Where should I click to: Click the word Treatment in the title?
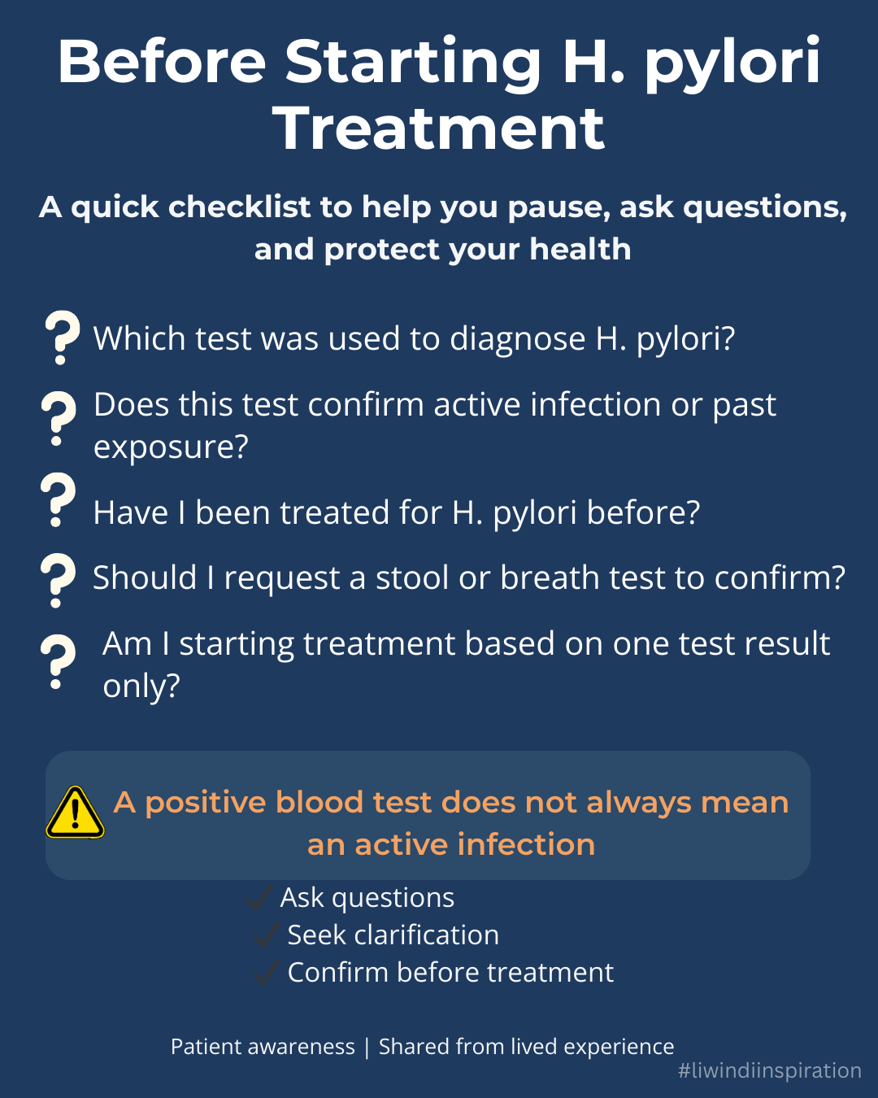[439, 129]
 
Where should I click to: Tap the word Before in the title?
[162, 62]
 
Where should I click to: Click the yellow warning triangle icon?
[75, 813]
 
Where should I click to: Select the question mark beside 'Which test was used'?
[62, 337]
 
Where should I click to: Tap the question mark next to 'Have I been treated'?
[58, 500]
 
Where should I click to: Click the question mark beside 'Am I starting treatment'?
[58, 662]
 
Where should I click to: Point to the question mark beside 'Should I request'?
[58, 580]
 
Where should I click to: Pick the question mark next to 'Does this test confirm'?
[58, 418]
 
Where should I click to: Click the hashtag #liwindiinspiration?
[769, 1070]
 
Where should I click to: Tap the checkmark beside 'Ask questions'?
[259, 898]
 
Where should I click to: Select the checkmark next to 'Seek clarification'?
[266, 935]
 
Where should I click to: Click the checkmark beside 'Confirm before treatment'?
[266, 972]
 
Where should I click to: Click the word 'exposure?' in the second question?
[171, 447]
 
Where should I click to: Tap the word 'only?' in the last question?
[141, 686]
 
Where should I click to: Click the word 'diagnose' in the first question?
[517, 338]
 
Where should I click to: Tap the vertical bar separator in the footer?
[367, 1047]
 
